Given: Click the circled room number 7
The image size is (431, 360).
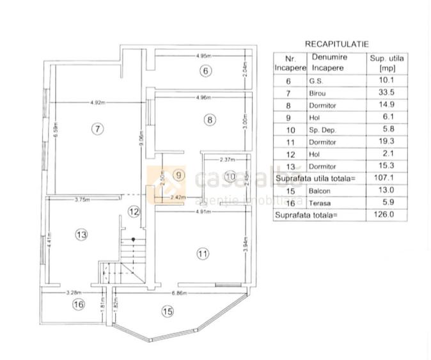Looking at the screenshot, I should [97, 129].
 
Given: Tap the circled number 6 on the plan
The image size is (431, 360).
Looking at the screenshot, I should [205, 71].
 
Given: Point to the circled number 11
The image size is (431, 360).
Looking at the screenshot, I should [203, 254].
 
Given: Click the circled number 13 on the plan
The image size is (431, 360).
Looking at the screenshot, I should [81, 235].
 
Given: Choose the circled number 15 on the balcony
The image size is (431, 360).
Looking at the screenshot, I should [167, 312].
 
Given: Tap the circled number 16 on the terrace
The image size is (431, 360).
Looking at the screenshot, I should [78, 304].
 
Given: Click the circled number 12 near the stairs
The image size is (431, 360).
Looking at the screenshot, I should [133, 210].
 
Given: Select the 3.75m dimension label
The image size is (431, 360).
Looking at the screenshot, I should [81, 199].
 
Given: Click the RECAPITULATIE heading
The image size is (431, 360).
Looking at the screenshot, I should [336, 44].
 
